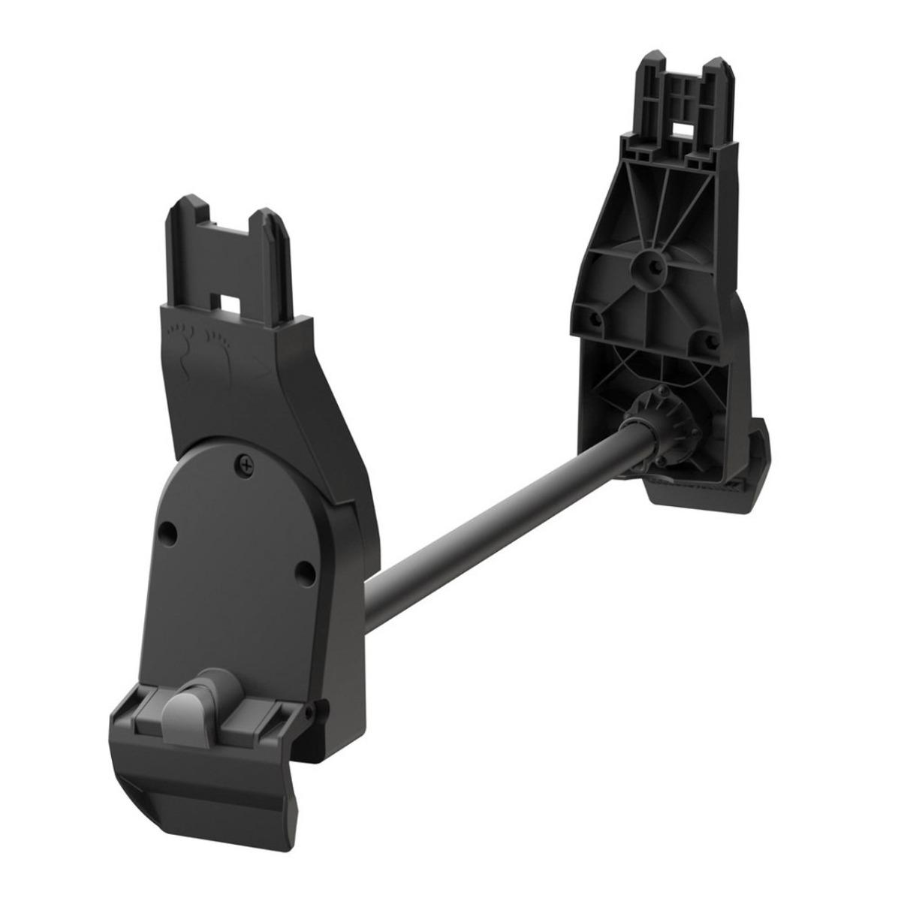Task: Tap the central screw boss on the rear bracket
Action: pyautogui.click(x=647, y=265)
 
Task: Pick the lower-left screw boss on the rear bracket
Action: pyautogui.click(x=597, y=318)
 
